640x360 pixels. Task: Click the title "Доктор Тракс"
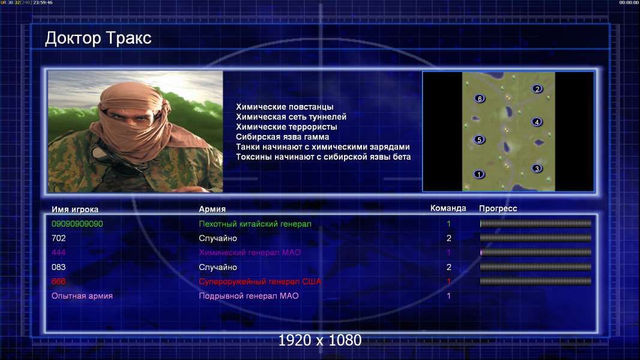pos(98,38)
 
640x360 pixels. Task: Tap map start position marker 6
pos(480,98)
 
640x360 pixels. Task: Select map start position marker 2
pos(537,89)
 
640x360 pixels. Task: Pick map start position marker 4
pos(537,122)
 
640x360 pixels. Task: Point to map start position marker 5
pos(479,139)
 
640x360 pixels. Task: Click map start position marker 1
pos(478,175)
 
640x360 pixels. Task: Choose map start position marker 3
pos(537,169)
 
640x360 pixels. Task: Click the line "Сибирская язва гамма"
pos(282,137)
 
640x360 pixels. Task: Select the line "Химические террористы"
pos(286,127)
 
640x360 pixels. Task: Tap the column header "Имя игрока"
pos(74,209)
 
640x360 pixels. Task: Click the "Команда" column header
pos(448,208)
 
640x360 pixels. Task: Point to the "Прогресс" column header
pos(498,208)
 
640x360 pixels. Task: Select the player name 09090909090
pos(77,224)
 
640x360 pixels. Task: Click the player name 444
pos(58,253)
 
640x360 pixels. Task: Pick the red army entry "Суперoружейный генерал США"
pos(260,281)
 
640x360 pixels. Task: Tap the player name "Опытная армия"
pos(82,296)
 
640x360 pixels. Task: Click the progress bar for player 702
pos(536,238)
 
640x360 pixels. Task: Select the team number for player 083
pos(449,267)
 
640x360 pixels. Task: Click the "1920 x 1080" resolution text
pos(320,340)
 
